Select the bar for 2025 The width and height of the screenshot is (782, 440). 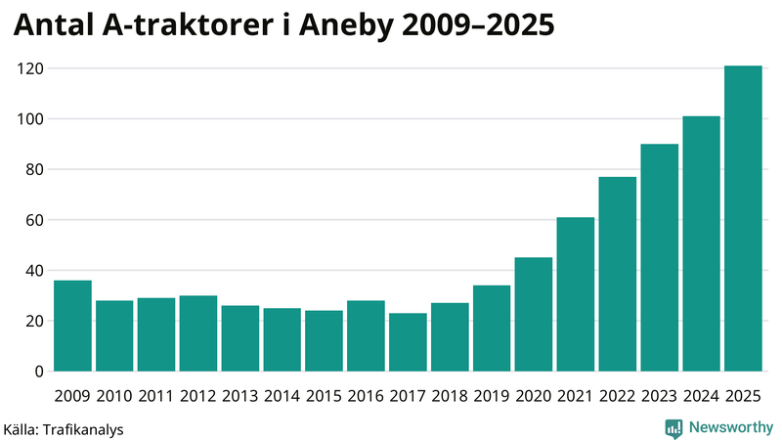(x=743, y=219)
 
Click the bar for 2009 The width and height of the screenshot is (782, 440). (x=72, y=326)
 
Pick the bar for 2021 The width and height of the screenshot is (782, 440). (x=576, y=294)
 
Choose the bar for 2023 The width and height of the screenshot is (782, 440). (x=659, y=258)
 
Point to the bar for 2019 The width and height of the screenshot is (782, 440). (x=492, y=329)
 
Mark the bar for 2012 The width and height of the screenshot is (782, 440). (x=198, y=333)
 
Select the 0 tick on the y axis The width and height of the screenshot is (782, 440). (x=40, y=372)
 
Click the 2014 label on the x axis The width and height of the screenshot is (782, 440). (x=282, y=396)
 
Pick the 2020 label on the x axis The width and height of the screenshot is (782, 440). (x=534, y=396)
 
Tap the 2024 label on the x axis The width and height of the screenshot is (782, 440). (x=701, y=396)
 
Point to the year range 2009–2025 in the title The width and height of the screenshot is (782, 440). (x=499, y=26)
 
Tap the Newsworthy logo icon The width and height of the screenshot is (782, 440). (x=673, y=427)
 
